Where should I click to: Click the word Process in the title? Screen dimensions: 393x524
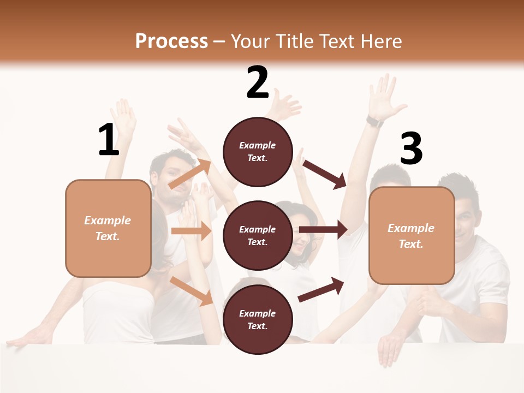171,41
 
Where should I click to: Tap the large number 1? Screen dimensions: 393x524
109,140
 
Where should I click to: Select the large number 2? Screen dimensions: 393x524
258,82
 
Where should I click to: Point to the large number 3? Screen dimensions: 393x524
411,149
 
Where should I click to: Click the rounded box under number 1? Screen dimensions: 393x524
108,228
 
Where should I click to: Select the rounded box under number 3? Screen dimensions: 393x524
412,235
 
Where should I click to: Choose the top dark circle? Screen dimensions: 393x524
258,151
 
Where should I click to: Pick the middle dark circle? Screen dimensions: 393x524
258,235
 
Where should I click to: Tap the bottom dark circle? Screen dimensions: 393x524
258,319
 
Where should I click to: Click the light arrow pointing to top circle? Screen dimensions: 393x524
190,174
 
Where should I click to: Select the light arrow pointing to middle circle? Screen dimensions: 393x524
191,231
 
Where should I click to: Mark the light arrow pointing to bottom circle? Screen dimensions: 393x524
192,290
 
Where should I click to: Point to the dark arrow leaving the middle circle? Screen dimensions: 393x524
323,229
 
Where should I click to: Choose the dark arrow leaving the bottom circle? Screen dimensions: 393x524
321,289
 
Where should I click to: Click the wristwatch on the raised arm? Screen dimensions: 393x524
374,121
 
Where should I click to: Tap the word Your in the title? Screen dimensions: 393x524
250,41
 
